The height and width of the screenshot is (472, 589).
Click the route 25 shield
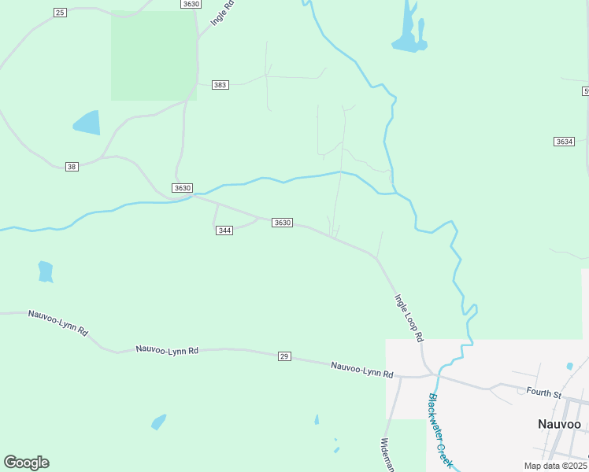[61, 13]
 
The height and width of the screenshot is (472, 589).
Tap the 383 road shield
[220, 84]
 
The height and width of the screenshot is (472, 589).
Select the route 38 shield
[72, 166]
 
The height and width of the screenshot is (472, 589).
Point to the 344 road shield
[224, 230]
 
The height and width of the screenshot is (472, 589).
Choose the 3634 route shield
[564, 142]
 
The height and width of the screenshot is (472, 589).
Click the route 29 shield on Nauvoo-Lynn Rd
[284, 356]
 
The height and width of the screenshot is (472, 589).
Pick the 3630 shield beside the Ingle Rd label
[191, 4]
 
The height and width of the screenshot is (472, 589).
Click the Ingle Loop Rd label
[409, 317]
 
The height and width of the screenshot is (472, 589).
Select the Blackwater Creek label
[441, 430]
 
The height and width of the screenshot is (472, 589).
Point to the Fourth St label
[543, 393]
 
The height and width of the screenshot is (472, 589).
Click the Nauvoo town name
[559, 424]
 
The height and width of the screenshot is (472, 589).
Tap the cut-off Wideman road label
[387, 455]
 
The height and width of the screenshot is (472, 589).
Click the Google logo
[26, 463]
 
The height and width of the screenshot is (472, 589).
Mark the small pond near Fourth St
[569, 366]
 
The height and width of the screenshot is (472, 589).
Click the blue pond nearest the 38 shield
[87, 123]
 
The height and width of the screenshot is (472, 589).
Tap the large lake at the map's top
[409, 35]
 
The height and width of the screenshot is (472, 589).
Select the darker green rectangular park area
[154, 56]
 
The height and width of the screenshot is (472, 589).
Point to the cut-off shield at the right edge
[586, 91]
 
